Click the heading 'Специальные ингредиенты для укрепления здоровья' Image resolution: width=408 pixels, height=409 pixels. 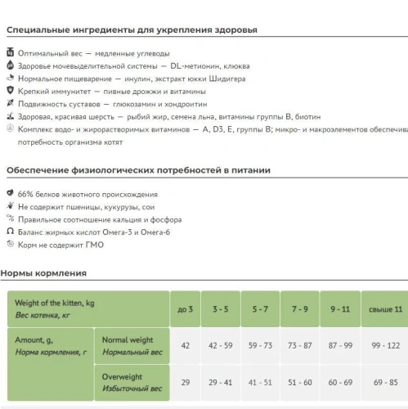132,30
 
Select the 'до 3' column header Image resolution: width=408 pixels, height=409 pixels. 185,309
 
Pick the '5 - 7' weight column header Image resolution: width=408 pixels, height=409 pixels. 260,309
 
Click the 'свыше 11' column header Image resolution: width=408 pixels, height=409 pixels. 385,309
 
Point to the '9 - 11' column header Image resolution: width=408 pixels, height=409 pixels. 340,309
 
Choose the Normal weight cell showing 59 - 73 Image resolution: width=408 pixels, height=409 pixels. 260,345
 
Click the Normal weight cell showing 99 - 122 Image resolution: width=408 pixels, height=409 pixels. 385,345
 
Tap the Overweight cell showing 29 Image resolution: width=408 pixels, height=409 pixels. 185,382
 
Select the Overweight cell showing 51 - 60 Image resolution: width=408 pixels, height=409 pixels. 300,382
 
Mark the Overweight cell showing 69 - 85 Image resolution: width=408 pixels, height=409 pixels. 385,382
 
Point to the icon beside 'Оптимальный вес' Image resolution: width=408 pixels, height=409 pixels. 10,53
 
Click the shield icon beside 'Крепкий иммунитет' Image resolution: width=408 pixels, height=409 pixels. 10,92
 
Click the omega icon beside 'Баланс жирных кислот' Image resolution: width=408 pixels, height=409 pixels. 10,232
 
